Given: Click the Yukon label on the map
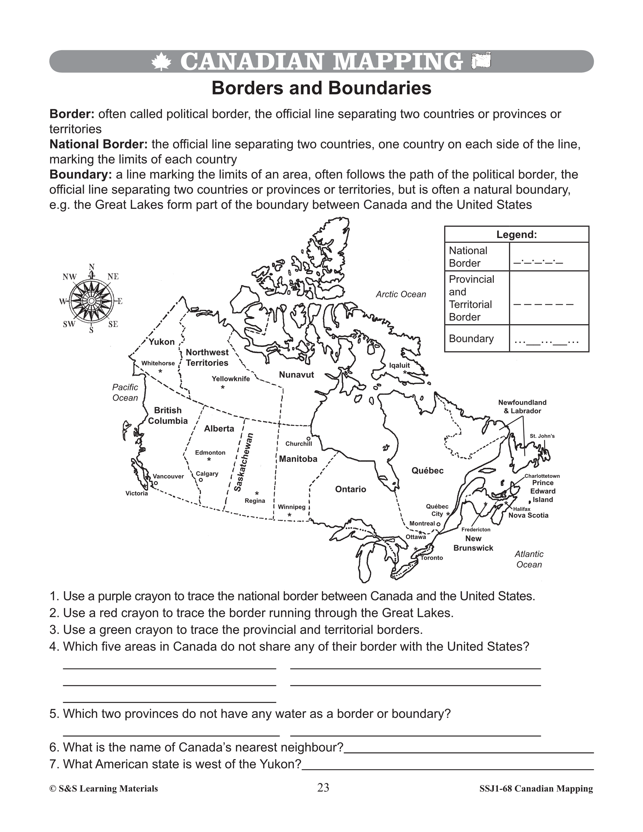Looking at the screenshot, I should pos(161,342).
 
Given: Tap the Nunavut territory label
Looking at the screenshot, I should pos(296,375).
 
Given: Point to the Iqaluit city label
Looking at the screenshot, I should pos(399,365).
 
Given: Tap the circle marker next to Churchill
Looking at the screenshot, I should pos(309,439).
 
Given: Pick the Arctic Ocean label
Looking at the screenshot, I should pos(401,294).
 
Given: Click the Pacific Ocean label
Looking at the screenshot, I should pos(125,392).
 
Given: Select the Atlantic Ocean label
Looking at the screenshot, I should pos(529,559).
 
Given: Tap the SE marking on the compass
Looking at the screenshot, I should pos(113,325).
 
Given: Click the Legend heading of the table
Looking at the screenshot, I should pos(516,235).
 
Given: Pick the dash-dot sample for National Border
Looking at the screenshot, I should pos(538,262).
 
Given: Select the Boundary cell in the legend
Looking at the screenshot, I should pos(471,339).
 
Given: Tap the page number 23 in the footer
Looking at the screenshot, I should pos(323,788).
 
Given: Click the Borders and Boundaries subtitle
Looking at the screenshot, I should pos(321,88).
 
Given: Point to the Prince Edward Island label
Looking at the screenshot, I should pos(543,491).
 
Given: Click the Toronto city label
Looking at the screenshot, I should pos(432,558).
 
